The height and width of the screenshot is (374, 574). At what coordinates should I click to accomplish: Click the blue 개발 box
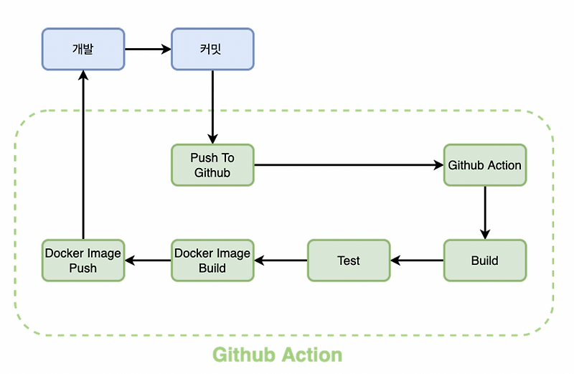(83, 49)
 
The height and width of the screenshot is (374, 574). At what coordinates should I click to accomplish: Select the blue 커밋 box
(212, 49)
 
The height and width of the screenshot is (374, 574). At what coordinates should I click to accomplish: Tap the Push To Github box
(212, 165)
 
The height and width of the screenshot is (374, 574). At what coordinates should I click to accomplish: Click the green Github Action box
(484, 165)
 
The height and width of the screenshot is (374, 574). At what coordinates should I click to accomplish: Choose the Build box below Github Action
(484, 260)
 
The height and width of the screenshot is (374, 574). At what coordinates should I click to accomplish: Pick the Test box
(349, 260)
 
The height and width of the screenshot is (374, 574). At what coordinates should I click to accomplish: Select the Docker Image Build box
(212, 260)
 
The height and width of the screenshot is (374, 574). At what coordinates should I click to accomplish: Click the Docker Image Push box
(83, 260)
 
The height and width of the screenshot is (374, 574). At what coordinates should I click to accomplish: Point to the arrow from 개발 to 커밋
(148, 50)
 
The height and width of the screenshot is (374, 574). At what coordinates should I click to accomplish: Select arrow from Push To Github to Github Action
(349, 165)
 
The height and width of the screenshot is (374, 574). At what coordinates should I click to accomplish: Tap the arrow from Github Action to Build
(485, 212)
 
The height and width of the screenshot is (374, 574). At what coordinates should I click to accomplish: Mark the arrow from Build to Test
(417, 260)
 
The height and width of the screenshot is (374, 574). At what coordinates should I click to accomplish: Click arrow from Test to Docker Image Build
(281, 260)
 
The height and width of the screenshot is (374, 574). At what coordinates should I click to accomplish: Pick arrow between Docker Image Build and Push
(148, 260)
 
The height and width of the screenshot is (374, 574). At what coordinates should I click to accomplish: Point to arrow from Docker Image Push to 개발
(83, 154)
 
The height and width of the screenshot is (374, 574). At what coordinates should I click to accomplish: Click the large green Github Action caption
(278, 355)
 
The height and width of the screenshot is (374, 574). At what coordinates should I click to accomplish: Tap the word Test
(349, 261)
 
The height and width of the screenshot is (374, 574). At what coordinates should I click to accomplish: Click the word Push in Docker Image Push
(83, 268)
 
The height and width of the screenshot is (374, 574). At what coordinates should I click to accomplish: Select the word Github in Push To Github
(212, 173)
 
